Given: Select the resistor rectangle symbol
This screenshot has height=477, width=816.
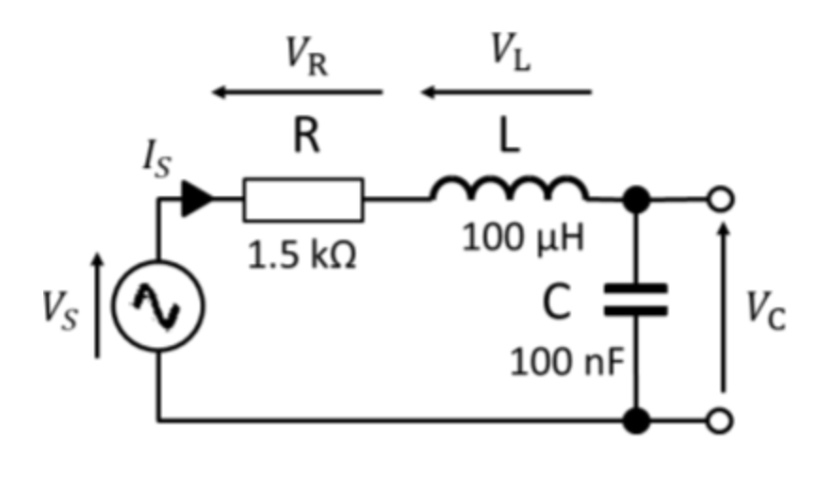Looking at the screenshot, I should (x=302, y=199).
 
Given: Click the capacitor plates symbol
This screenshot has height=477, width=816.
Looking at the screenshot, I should (x=636, y=299).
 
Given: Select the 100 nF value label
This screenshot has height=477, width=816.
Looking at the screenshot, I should (x=568, y=360).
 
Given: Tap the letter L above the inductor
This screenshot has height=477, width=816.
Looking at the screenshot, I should (x=511, y=139).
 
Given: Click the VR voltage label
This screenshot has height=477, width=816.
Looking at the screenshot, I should (x=306, y=57).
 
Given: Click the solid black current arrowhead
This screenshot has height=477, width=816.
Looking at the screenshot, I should (x=196, y=200).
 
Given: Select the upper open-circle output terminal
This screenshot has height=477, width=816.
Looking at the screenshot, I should (x=722, y=200).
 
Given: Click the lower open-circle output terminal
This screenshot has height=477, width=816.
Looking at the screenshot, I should (x=722, y=419).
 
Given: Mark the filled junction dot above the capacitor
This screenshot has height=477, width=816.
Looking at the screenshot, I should (x=637, y=200).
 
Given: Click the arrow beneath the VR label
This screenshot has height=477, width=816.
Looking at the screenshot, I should (x=297, y=92).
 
